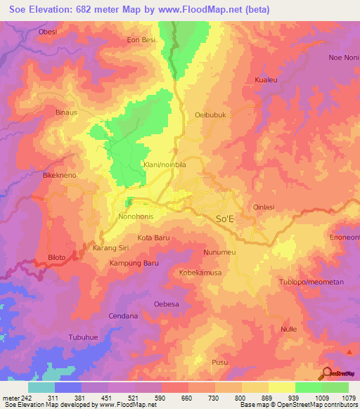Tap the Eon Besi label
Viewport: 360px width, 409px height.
point(141,40)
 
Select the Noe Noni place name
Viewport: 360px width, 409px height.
point(343,58)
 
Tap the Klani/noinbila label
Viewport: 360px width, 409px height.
point(165,164)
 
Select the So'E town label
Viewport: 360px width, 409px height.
point(224,219)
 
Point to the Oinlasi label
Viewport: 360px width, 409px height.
point(266,207)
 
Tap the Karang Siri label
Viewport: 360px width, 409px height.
point(110,248)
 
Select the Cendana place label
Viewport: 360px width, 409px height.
point(124,316)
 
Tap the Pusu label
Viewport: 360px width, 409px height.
point(219,362)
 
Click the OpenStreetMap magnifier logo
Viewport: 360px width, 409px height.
point(326,373)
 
